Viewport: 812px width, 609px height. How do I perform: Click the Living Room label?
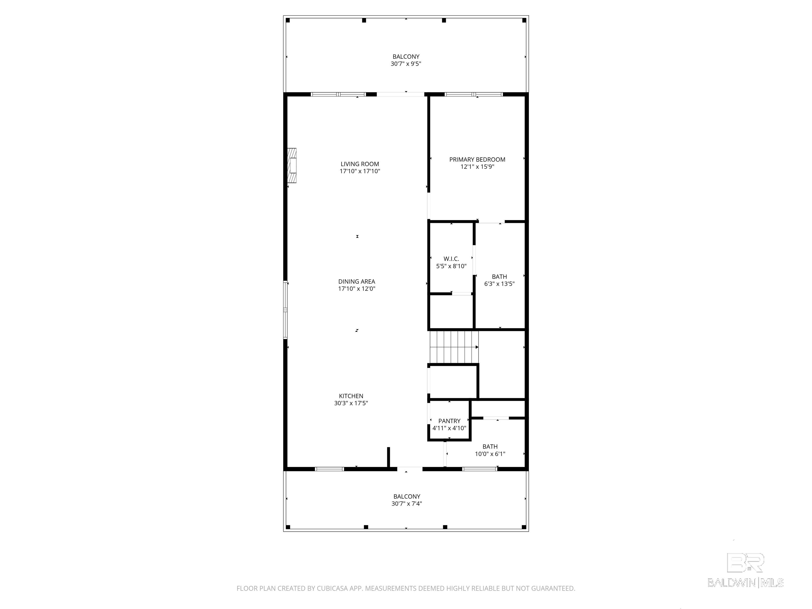coord(359,164)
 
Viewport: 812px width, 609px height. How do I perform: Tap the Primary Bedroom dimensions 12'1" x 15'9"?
coord(477,167)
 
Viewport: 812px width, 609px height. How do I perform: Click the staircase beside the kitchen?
coord(454,347)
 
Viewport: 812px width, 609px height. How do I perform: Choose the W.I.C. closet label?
coord(451,259)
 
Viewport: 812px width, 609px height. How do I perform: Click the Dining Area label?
coord(357,282)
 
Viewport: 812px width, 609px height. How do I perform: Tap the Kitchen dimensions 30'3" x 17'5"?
coord(351,403)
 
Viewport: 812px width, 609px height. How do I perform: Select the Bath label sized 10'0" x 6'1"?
coord(490,447)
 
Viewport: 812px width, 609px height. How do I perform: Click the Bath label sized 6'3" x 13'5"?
coord(499,277)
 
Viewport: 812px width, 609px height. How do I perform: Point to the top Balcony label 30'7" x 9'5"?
coord(406,57)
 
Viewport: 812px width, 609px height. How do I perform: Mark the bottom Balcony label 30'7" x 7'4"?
coord(406,497)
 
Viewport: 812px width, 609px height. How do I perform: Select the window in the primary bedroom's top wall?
coord(474,94)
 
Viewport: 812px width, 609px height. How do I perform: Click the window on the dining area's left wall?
coord(285,310)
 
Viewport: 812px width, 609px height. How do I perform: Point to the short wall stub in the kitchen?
coord(388,457)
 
